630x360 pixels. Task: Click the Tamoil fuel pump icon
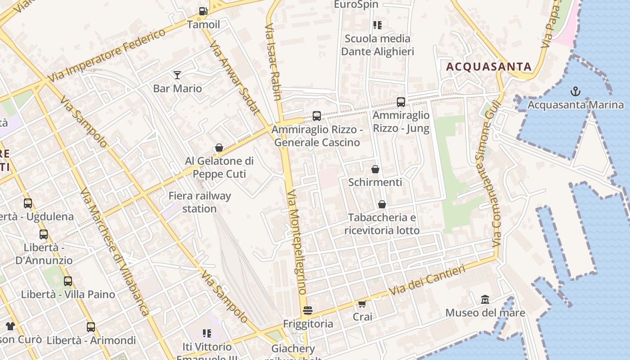203,11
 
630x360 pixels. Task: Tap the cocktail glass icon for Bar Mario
177,75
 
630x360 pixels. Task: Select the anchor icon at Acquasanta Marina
575,92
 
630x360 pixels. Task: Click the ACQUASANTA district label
489,67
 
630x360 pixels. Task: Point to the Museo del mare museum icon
485,299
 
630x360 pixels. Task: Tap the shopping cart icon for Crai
362,304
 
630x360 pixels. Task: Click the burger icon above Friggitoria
308,310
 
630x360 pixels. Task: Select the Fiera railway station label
199,202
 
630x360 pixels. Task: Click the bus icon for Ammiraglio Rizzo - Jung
400,102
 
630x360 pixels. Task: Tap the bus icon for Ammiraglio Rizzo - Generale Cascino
317,116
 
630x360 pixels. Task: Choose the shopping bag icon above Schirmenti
375,169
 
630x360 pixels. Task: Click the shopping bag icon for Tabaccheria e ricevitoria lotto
382,204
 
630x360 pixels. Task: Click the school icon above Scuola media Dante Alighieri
377,25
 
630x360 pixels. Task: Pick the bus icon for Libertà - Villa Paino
68,281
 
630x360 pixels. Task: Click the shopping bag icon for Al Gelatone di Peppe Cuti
219,148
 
